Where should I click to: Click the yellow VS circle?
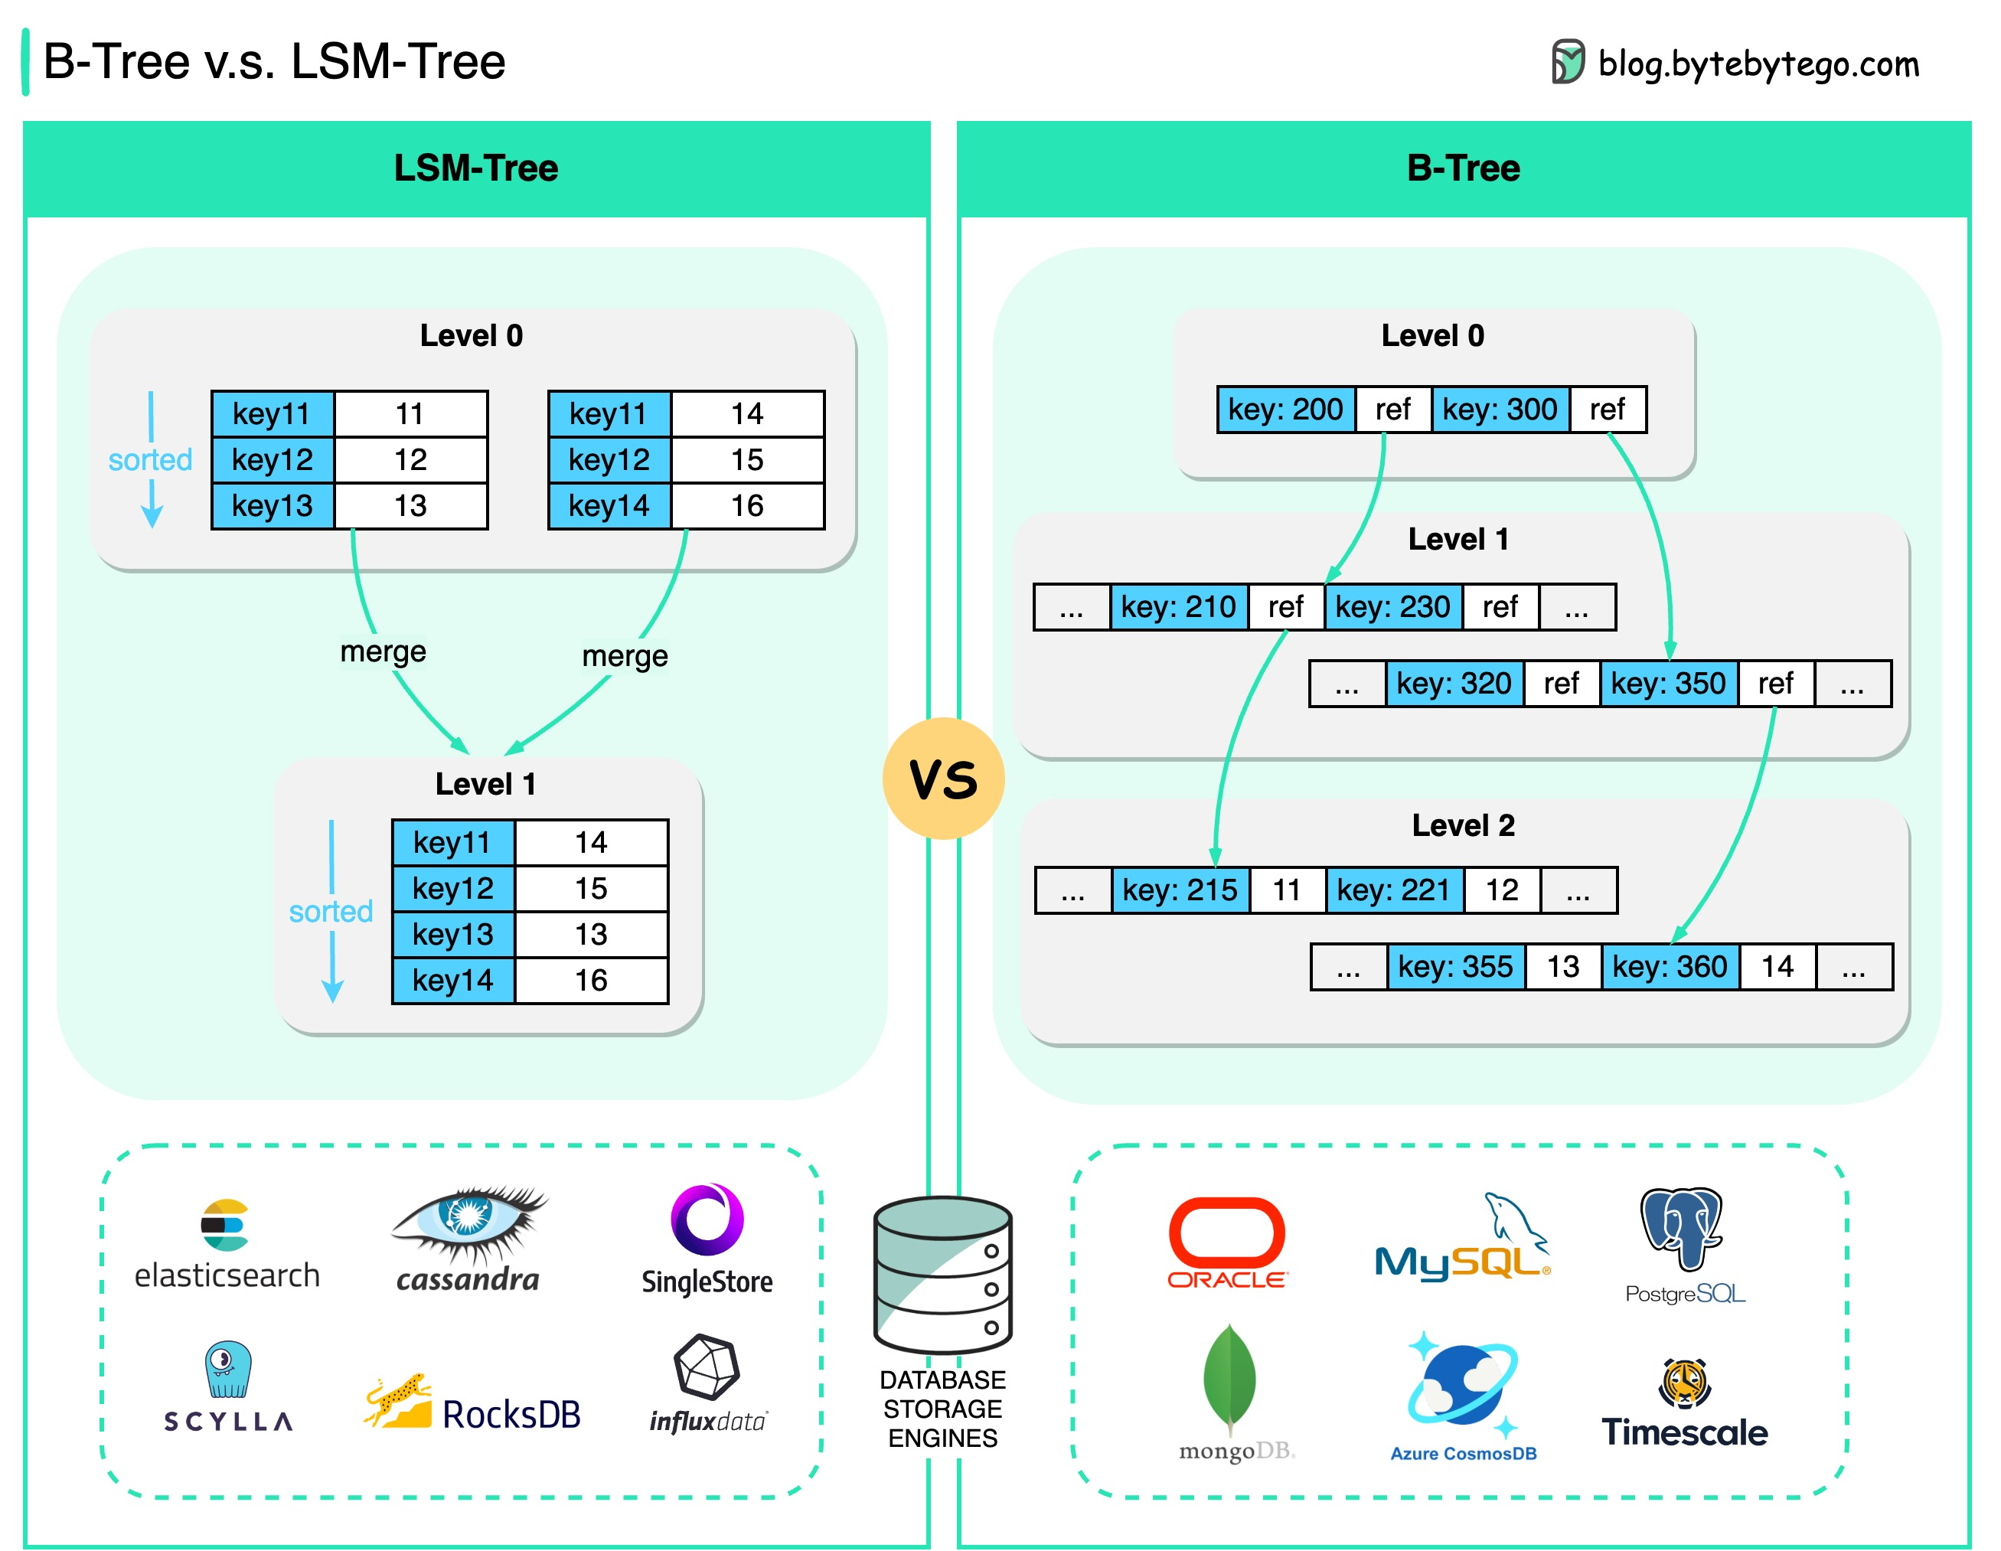[x=943, y=779]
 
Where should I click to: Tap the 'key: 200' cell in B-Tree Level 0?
[x=1284, y=410]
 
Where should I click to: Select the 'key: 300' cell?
[x=1499, y=410]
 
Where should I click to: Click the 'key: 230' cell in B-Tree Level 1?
[x=1392, y=606]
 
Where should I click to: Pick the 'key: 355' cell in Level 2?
[x=1455, y=967]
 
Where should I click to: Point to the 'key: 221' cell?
[x=1392, y=890]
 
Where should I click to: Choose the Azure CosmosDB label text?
[x=1463, y=1453]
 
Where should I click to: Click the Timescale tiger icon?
[x=1684, y=1383]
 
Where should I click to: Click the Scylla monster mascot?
[x=227, y=1370]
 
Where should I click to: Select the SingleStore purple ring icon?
[x=707, y=1220]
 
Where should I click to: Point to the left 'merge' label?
[x=383, y=651]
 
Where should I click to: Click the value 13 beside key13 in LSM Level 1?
[x=591, y=935]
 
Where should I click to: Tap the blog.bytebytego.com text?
[x=1758, y=64]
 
